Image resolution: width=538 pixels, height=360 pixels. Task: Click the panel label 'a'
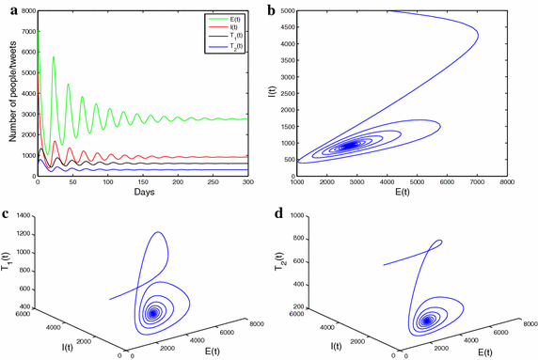pyautogui.click(x=5, y=8)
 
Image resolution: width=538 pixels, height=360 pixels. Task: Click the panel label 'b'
pyautogui.click(x=273, y=8)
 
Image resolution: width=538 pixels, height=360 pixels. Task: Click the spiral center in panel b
pyautogui.click(x=350, y=145)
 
